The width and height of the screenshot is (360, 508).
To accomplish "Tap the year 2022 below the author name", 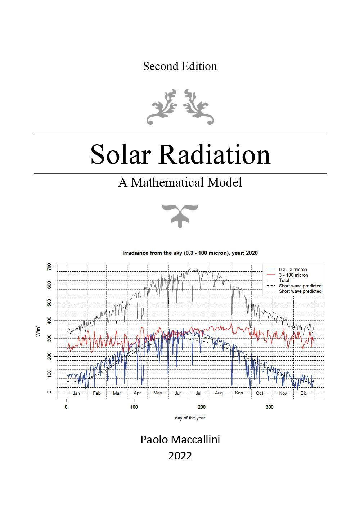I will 180,456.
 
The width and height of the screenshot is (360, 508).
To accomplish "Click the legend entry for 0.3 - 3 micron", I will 293,269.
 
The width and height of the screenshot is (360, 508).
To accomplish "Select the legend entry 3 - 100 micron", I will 293,275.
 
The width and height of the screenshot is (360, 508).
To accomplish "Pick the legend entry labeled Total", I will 284,280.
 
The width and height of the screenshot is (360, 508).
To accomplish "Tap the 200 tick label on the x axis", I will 202,407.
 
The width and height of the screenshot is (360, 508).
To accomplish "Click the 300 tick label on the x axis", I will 269,407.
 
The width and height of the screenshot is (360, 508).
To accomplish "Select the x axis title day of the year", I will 190,418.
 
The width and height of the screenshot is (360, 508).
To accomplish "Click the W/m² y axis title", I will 38,331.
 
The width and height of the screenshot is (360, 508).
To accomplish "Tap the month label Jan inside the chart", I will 76,393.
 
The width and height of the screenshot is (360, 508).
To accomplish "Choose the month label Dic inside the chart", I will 303,393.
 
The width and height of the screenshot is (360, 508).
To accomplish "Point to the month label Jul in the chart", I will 198,393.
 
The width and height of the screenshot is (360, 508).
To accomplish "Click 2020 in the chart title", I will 252,253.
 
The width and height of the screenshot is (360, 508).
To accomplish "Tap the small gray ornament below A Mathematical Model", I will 180,215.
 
